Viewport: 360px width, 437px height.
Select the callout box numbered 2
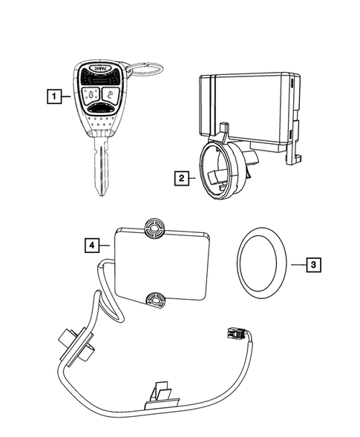click(x=180, y=178)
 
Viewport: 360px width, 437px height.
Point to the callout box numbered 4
click(x=90, y=243)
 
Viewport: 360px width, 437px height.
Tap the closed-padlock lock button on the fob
click(x=90, y=94)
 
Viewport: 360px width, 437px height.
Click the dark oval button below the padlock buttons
click(x=99, y=109)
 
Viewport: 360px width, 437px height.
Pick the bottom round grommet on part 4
click(x=157, y=300)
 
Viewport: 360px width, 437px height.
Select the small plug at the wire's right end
click(x=235, y=335)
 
